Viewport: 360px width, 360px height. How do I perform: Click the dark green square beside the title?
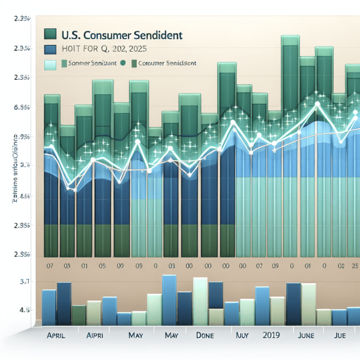[51, 34]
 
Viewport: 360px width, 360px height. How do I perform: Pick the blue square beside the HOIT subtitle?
[51, 50]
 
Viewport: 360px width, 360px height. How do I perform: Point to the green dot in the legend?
[123, 62]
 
